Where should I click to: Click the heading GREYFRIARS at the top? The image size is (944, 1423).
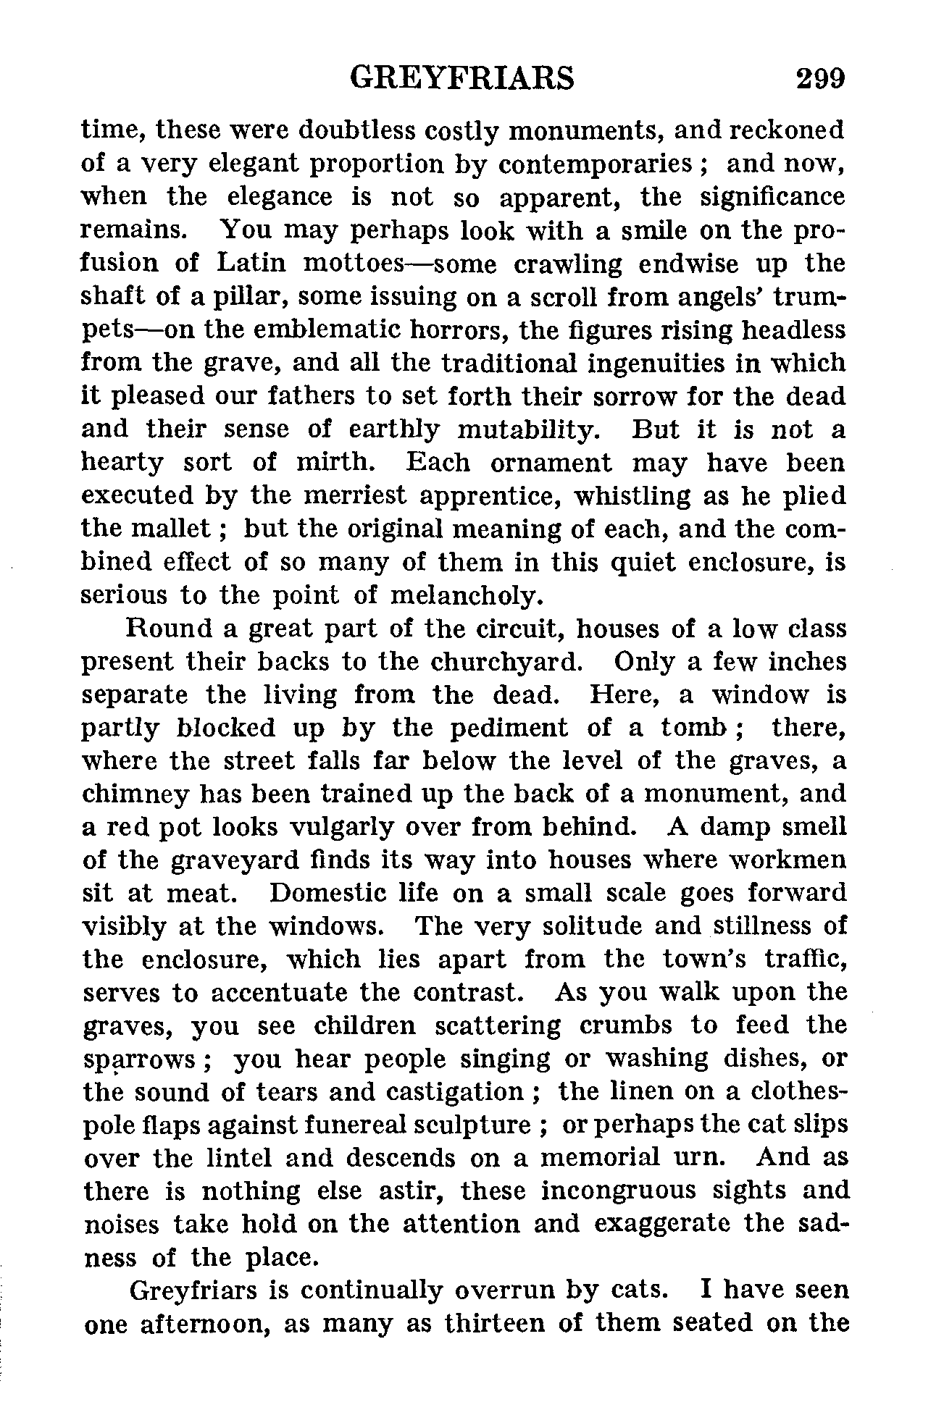pyautogui.click(x=461, y=78)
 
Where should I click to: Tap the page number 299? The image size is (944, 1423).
pyautogui.click(x=820, y=78)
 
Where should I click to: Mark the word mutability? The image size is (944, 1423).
pyautogui.click(x=528, y=429)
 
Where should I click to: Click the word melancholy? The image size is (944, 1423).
pyautogui.click(x=467, y=595)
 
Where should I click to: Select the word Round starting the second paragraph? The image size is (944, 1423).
pyautogui.click(x=170, y=629)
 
